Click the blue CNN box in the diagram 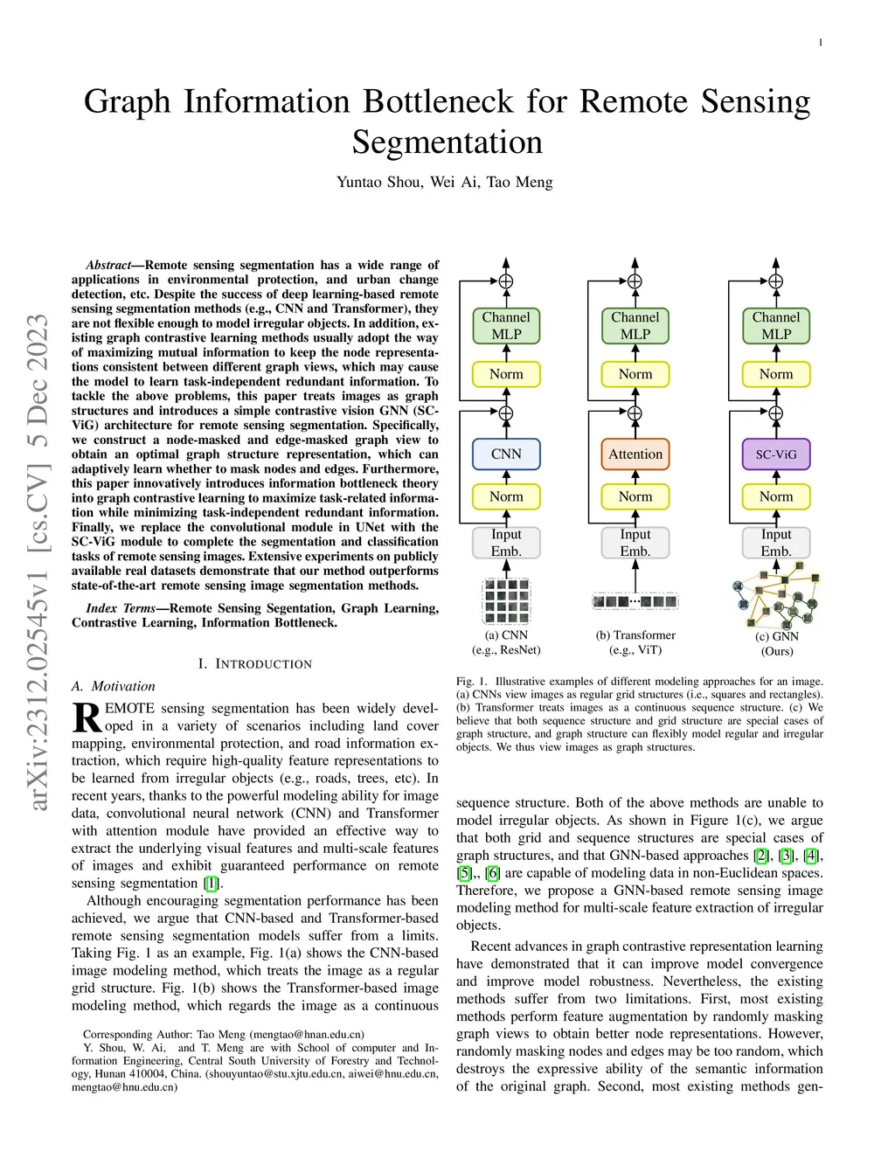tap(506, 454)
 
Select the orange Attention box tap(635, 454)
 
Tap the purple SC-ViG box tap(776, 454)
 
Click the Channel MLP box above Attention tap(635, 325)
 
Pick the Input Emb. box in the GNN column tap(776, 543)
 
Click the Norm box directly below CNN tap(506, 496)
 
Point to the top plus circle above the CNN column tap(506, 281)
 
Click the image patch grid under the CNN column tap(506, 600)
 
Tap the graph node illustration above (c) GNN tap(777, 596)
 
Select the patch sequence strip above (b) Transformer tap(635, 601)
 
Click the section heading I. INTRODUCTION tap(254, 664)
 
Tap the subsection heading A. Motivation tap(114, 687)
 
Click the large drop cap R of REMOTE tap(87, 718)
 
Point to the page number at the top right tap(820, 43)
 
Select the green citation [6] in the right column tap(493, 873)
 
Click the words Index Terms tap(121, 608)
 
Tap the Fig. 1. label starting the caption tap(472, 682)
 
